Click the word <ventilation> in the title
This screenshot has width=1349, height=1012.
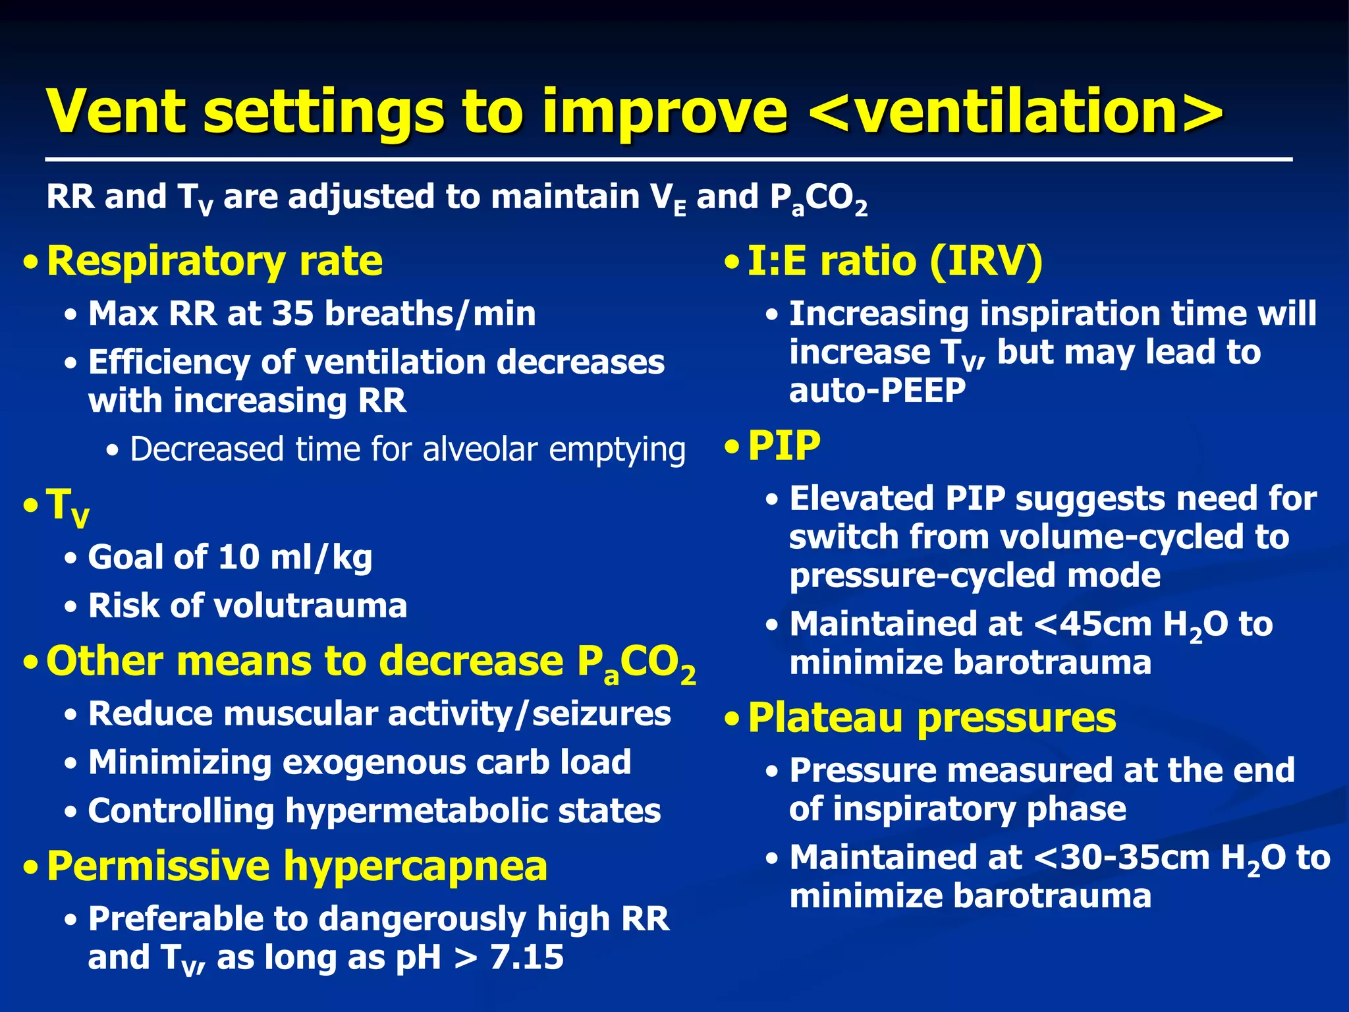[1014, 112]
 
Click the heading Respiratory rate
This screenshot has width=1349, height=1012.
[215, 262]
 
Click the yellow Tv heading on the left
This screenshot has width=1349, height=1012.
[67, 506]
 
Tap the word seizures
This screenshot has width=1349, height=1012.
[601, 714]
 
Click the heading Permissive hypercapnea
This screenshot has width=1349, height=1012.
[297, 866]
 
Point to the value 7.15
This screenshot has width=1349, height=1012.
[527, 958]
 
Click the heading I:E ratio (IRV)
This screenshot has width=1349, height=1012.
[895, 262]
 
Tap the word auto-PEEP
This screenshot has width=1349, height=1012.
[877, 391]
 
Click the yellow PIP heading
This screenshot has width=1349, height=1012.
[784, 447]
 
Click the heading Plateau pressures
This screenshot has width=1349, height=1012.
[932, 718]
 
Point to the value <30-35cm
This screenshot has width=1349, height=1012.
[1122, 858]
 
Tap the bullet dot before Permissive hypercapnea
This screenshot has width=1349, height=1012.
[30, 868]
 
